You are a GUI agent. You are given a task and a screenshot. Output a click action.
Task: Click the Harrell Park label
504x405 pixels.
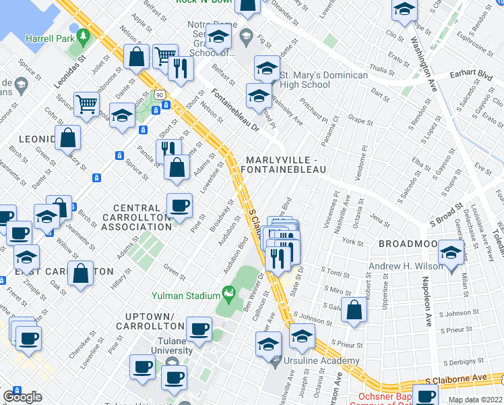pos(50,38)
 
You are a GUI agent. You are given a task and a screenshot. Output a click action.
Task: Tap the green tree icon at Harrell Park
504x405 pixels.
pos(84,34)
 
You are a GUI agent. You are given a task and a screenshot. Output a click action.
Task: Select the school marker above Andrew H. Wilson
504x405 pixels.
pos(451,253)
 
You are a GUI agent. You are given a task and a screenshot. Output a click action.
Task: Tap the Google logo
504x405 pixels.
pos(22,397)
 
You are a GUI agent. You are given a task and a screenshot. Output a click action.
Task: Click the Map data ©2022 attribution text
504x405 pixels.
pos(474,400)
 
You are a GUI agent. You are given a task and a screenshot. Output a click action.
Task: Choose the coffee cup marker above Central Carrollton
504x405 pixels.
pos(179,205)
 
